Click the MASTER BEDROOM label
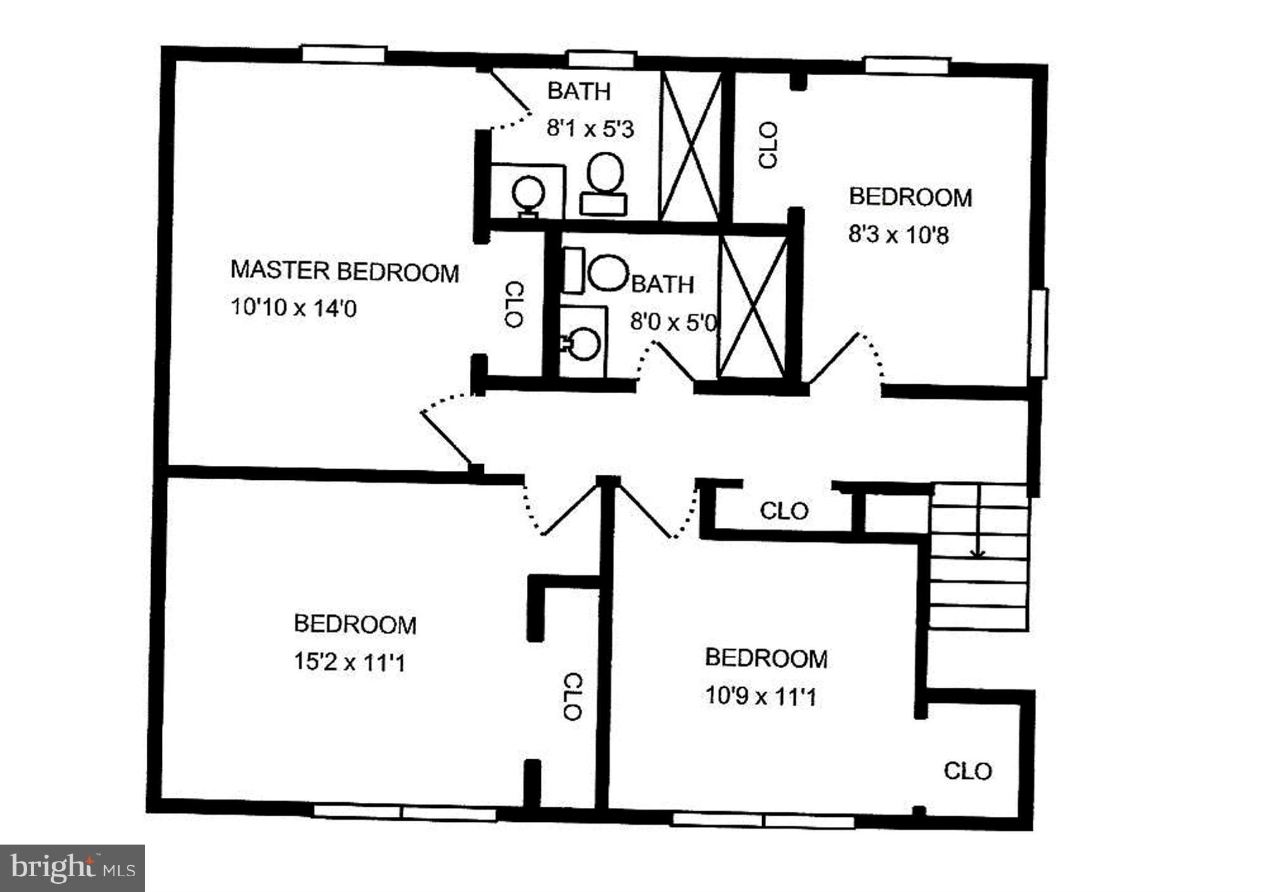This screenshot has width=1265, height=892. [345, 271]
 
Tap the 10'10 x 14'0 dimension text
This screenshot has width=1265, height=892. [293, 308]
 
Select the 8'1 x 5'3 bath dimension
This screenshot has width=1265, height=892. [589, 130]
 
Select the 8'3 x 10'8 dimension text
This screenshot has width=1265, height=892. [898, 236]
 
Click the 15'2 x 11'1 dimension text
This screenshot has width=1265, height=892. [349, 663]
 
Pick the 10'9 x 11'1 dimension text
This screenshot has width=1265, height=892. [760, 697]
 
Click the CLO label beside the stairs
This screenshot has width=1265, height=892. [784, 511]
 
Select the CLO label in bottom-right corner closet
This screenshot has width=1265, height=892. [968, 771]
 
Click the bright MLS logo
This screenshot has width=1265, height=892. [72, 868]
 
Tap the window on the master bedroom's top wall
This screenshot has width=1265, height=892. [343, 54]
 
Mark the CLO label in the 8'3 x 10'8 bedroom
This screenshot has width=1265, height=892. [768, 145]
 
